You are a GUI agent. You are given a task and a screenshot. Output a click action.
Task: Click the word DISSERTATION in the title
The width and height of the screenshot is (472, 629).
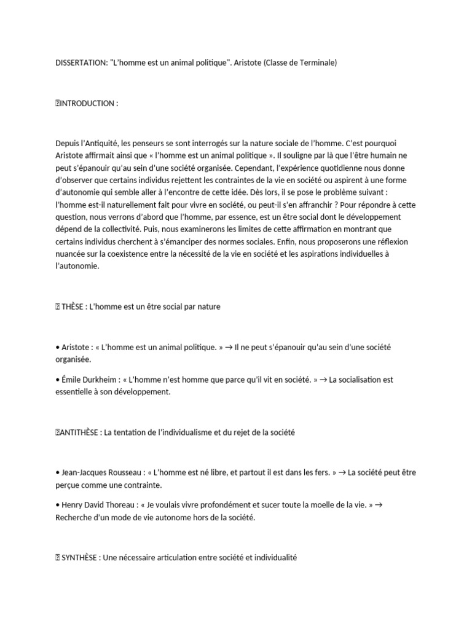click(81, 63)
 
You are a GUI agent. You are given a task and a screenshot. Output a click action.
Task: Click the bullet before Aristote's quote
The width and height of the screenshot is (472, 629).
click(57, 347)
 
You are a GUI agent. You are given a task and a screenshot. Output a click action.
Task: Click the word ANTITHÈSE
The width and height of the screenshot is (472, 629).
click(79, 432)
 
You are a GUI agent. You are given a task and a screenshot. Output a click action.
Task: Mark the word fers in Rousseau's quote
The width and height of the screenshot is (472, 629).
click(323, 472)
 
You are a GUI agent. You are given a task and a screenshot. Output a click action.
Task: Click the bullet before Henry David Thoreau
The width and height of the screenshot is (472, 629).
click(57, 505)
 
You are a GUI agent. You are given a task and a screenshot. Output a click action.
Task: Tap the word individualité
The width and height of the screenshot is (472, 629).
click(273, 558)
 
